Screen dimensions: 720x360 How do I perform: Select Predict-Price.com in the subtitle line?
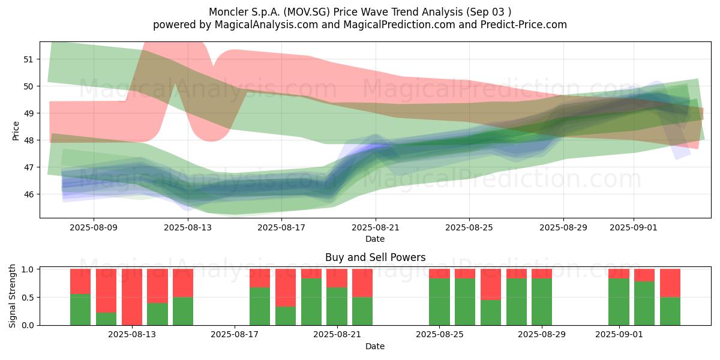[x=524, y=25]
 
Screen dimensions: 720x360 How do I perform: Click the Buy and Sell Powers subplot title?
[x=375, y=257]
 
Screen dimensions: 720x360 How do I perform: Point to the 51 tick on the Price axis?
[x=28, y=59]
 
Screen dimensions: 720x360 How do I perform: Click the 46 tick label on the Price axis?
[x=28, y=194]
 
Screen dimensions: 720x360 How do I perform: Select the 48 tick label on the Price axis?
[x=28, y=140]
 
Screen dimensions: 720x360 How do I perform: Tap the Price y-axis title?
[x=16, y=131]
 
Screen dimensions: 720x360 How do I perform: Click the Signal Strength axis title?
[x=12, y=296]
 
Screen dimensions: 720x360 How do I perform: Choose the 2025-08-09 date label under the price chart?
[x=94, y=227]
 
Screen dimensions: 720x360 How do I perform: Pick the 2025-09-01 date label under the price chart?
[x=634, y=227]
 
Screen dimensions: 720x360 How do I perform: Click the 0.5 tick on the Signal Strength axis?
[x=28, y=298]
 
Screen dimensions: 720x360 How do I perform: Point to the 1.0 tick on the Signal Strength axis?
[x=28, y=269]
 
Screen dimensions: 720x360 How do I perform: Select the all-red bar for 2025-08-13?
[x=132, y=297]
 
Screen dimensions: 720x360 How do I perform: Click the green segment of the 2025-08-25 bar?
[x=439, y=302]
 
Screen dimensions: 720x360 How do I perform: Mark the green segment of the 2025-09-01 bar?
[x=619, y=302]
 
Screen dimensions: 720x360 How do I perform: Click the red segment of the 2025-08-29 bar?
[x=542, y=274]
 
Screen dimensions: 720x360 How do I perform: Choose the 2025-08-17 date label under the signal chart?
[x=235, y=335]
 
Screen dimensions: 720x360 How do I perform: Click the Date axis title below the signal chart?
[x=375, y=346]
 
